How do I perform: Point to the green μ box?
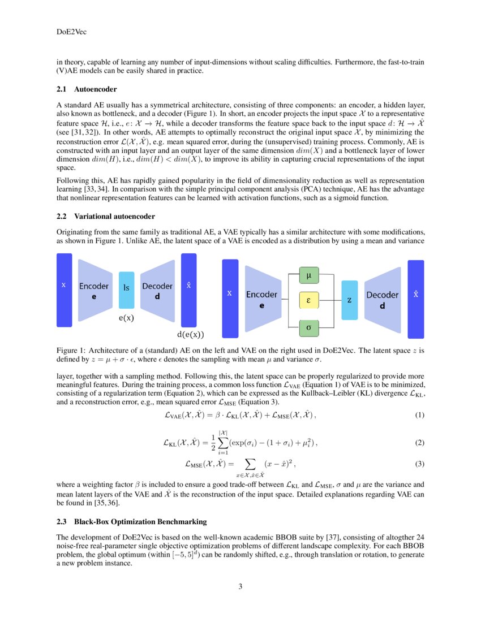308,276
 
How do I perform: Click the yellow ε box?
308,300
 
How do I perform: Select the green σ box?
308,327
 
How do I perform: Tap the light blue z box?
350,300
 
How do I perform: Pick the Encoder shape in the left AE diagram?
94,290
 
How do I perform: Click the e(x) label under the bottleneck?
126,318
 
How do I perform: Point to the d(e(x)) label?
191,334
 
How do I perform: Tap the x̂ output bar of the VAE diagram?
416,299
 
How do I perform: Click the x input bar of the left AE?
64,290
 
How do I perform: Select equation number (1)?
419,416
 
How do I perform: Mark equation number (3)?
419,464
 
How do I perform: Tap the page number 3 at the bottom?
240,586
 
